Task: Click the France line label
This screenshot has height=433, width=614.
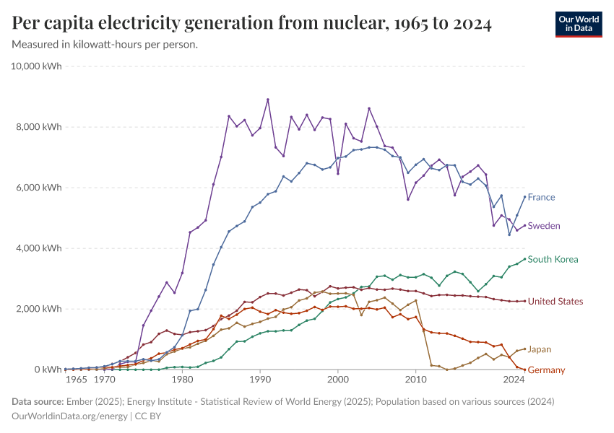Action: [541, 197]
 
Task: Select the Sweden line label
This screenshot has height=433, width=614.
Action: [544, 226]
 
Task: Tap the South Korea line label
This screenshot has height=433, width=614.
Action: [553, 259]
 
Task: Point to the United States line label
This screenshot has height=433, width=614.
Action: [555, 301]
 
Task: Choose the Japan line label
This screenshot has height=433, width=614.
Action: [540, 349]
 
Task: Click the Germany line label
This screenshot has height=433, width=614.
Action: [546, 370]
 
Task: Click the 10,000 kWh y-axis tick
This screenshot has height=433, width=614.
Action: [37, 66]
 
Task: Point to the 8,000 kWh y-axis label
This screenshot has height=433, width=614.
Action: [40, 127]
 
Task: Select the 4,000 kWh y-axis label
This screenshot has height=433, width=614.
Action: [40, 248]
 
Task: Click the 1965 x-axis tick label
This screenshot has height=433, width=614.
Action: [76, 380]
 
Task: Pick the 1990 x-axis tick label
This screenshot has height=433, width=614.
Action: [260, 380]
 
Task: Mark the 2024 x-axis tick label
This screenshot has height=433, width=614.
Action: [514, 380]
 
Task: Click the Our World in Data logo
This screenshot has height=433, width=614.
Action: [578, 24]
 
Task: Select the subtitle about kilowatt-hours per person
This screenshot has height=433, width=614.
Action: [105, 45]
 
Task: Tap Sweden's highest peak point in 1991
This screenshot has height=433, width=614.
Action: [268, 100]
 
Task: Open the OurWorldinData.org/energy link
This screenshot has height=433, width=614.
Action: [71, 416]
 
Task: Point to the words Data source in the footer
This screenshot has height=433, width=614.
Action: [37, 401]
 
